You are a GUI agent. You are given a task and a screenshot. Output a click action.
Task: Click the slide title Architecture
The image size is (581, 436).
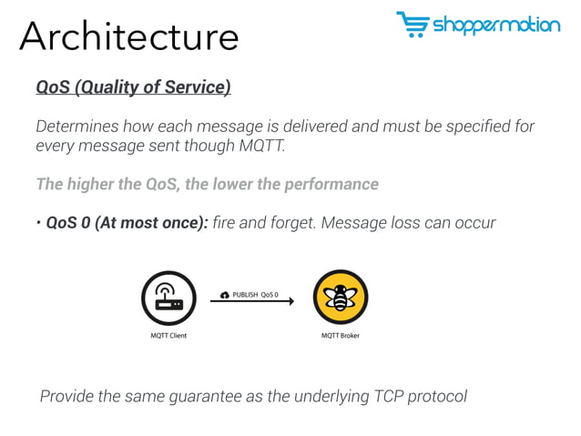(x=128, y=35)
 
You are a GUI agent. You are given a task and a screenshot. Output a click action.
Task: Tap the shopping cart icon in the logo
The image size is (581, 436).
(x=413, y=25)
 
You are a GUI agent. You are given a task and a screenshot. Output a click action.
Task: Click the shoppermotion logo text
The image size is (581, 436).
(x=496, y=25)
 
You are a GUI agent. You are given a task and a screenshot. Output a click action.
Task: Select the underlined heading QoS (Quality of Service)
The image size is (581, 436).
(x=133, y=87)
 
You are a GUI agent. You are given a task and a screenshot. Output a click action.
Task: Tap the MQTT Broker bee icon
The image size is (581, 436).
(x=341, y=298)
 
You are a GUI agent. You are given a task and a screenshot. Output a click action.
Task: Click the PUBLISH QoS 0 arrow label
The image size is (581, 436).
(x=255, y=295)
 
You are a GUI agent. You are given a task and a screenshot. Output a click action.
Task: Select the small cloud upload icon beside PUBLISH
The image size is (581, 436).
(x=225, y=295)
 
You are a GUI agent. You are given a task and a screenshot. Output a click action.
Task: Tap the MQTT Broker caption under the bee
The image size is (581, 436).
(x=341, y=336)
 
